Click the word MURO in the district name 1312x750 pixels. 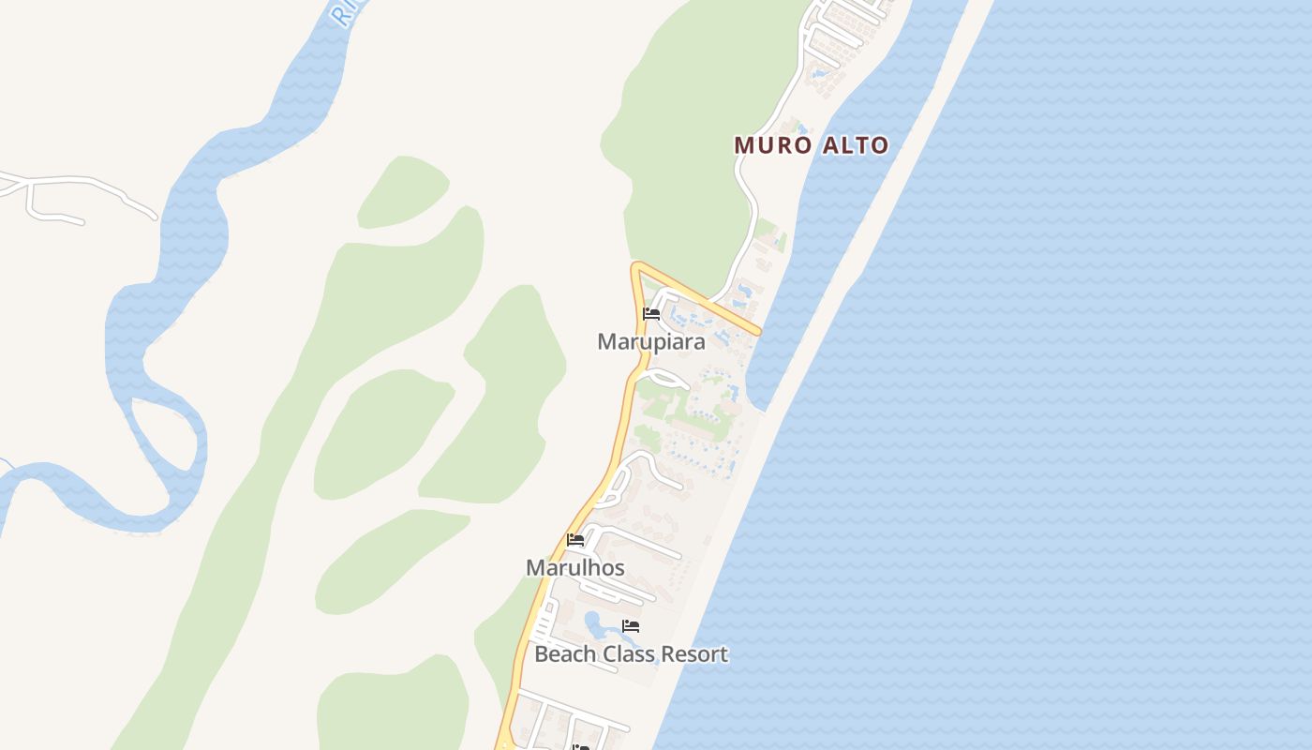tap(770, 145)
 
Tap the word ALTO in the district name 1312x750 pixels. tap(853, 145)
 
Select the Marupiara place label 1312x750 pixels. tap(651, 341)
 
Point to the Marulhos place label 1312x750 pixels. tap(575, 567)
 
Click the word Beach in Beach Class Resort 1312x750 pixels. tap(564, 653)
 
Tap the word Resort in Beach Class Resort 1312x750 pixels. tap(694, 653)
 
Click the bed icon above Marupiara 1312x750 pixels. tap(651, 314)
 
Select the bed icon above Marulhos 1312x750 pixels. tap(575, 540)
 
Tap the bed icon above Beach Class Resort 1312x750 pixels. tap(631, 626)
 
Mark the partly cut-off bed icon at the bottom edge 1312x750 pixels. tap(581, 746)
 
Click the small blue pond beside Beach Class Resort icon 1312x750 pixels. tap(594, 622)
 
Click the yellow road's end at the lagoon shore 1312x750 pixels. tap(757, 331)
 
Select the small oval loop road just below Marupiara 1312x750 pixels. tap(666, 378)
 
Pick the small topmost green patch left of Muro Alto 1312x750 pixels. tap(403, 192)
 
